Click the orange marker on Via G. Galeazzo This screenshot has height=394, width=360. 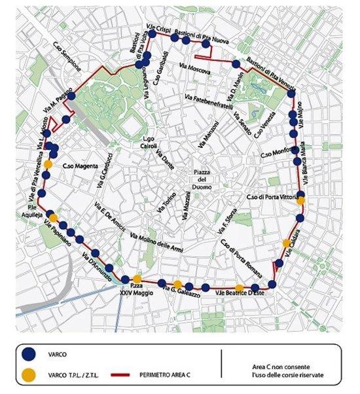click(x=177, y=285)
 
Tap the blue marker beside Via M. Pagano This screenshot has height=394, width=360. click(x=71, y=96)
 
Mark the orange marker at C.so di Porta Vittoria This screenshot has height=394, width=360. click(x=300, y=201)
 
